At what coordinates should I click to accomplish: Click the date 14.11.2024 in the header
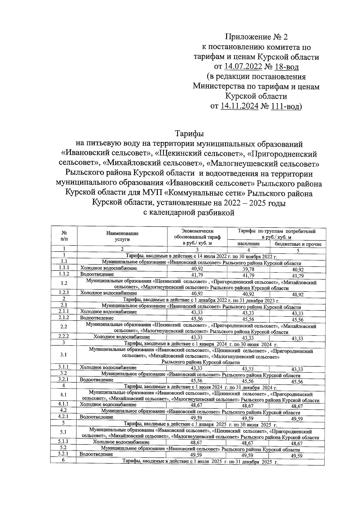(x=239, y=106)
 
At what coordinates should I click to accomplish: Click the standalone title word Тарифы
(x=189, y=133)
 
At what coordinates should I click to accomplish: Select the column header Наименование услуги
(x=122, y=236)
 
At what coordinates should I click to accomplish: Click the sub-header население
(x=248, y=244)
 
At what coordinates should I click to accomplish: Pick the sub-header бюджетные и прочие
(x=298, y=244)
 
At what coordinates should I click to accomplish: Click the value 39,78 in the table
(x=248, y=269)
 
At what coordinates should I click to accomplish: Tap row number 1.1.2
(x=64, y=274)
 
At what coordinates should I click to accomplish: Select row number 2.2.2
(x=64, y=336)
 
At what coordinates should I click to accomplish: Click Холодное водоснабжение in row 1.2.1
(x=108, y=293)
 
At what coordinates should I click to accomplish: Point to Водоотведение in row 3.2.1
(x=96, y=380)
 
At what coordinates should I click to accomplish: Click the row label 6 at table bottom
(x=64, y=460)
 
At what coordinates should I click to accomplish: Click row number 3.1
(x=63, y=355)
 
